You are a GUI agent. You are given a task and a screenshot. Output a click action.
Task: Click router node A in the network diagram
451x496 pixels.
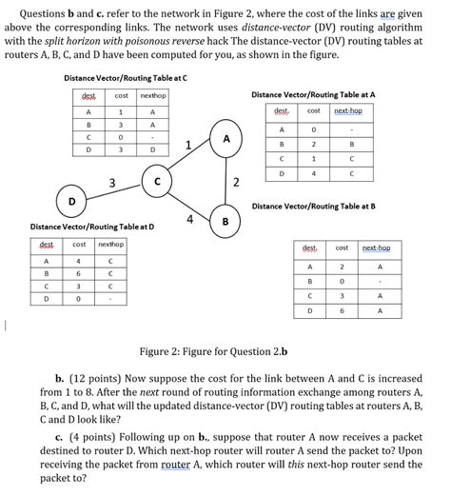[x=225, y=139]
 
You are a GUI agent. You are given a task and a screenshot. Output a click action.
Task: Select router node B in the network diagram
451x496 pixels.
[x=225, y=223]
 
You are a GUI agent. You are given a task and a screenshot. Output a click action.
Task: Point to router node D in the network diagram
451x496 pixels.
[x=72, y=200]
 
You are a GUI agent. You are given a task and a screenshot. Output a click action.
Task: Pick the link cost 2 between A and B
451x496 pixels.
[x=235, y=182]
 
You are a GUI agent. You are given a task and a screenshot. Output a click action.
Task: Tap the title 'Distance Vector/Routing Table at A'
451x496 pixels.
[x=313, y=95]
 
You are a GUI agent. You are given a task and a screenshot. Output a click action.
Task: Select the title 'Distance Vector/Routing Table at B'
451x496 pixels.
[x=313, y=205]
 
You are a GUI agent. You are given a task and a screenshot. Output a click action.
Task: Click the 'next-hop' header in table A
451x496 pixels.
[x=346, y=110]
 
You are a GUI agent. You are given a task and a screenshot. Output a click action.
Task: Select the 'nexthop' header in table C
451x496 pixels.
[x=152, y=96]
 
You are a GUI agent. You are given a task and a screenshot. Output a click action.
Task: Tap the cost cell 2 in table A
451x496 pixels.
[x=313, y=145]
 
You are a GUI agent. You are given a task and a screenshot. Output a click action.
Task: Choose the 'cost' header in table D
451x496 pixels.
[x=80, y=245]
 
